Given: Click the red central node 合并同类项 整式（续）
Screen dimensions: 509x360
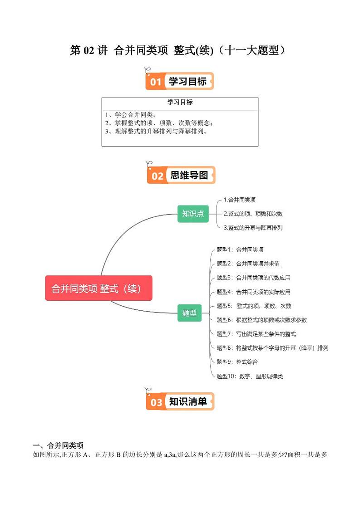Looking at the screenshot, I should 98,288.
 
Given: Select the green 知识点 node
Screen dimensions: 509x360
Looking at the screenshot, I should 193,213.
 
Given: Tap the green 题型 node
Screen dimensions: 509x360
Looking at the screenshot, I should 189,313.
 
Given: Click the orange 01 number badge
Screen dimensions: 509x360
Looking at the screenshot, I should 156,82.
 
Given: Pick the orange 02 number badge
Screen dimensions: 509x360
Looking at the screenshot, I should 157,176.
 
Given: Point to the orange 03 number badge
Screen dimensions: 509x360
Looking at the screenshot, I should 156,402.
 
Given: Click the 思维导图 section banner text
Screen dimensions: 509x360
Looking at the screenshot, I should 189,175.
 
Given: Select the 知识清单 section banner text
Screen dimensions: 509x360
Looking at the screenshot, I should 188,401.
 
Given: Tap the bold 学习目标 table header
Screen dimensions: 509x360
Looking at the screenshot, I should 180,103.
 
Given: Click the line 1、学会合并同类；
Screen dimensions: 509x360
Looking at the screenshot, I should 130,114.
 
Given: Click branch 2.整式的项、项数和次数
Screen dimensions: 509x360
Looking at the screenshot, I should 253,214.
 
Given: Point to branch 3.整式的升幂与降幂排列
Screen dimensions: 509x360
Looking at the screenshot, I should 253,228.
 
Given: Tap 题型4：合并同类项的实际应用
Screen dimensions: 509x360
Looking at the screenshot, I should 253,292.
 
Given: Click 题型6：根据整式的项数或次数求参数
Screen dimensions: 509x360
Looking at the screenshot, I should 262,320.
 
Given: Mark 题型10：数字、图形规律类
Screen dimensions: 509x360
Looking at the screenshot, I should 250,376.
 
